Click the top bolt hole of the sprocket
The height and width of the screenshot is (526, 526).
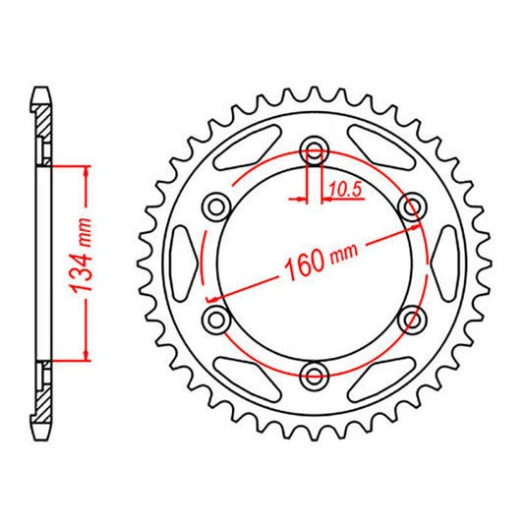point(315,150)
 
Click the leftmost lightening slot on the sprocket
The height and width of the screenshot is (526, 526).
point(184,262)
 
